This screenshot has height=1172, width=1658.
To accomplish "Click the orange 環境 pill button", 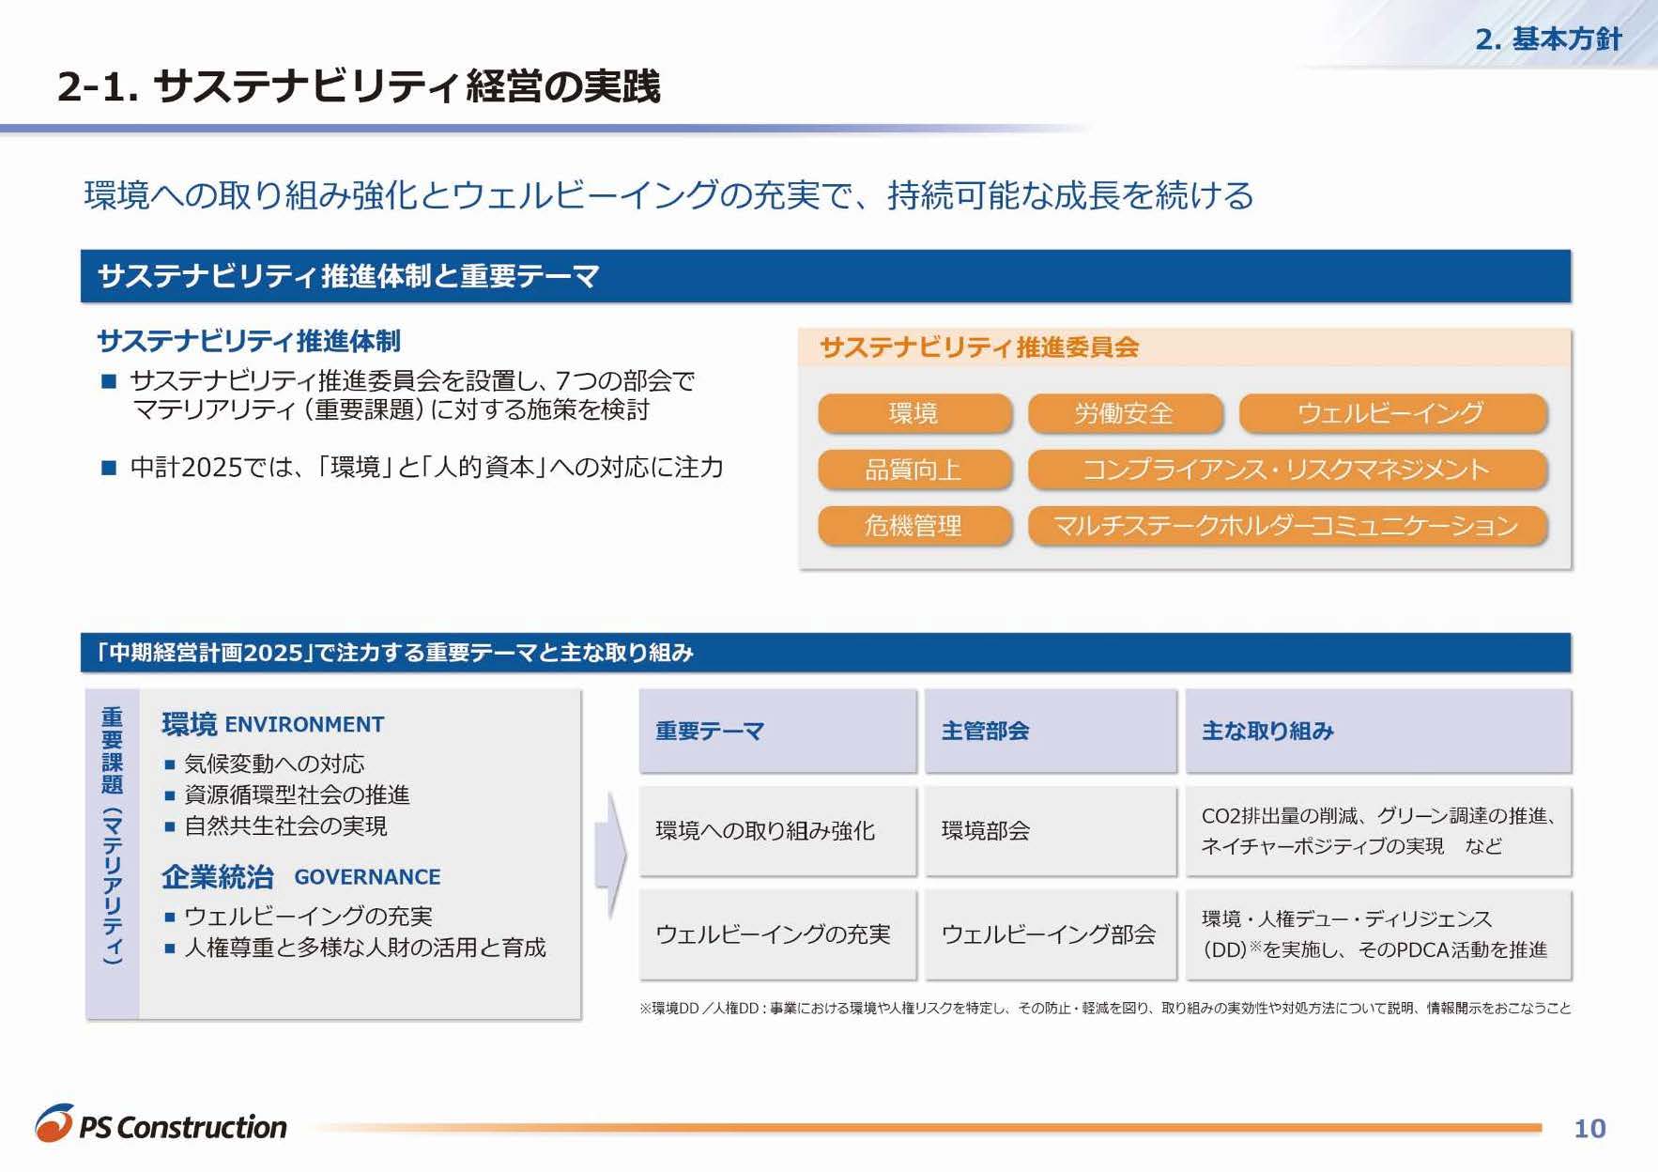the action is tap(914, 413).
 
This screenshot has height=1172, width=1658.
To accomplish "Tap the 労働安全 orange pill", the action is tap(1125, 413).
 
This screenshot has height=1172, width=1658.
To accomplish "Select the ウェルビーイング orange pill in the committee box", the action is tap(1392, 413).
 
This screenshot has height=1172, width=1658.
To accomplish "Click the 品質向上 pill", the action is tap(914, 470).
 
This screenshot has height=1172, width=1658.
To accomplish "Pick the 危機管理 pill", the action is tap(914, 526).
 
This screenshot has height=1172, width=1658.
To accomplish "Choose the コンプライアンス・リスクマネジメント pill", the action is tap(1287, 470).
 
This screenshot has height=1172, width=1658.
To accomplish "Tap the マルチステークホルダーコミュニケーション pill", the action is tap(1287, 526).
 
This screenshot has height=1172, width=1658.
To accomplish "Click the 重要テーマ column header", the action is tap(778, 731).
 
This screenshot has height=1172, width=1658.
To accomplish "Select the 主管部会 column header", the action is tap(1051, 731).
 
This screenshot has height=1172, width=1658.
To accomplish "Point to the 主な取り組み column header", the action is tap(1378, 731).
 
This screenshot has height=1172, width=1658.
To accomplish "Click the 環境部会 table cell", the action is tap(1051, 831).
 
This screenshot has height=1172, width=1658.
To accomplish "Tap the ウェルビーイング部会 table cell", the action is tap(1051, 934).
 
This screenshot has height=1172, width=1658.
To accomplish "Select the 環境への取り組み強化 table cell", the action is tap(778, 831).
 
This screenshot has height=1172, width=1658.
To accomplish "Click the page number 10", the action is tap(1589, 1128).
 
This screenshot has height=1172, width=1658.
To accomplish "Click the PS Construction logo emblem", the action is tap(54, 1123).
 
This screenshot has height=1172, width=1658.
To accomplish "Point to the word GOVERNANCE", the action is tap(367, 877).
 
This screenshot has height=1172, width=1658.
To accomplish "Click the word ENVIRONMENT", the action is tap(304, 725).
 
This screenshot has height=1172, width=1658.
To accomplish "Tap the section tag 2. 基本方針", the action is tap(1548, 39).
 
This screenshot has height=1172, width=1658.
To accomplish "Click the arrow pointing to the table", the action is tap(610, 855).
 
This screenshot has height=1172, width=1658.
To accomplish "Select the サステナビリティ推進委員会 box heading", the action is tap(979, 347).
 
